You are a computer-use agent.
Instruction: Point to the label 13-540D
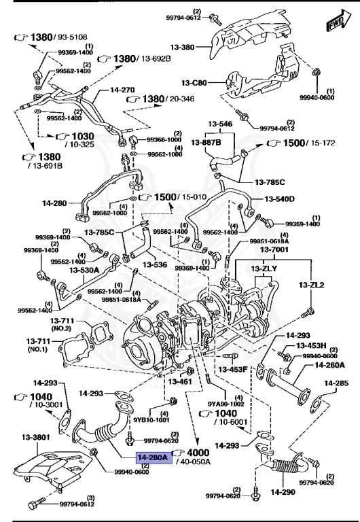click(279, 199)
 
